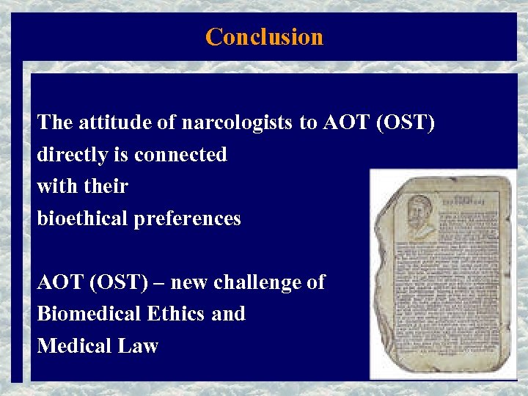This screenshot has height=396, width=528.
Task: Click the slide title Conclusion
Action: point(264,37)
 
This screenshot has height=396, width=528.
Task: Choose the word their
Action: point(106,186)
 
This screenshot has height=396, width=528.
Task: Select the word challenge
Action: point(253,282)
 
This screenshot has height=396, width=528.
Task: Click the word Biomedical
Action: point(90,314)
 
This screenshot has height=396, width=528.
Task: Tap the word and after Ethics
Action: point(228,314)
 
